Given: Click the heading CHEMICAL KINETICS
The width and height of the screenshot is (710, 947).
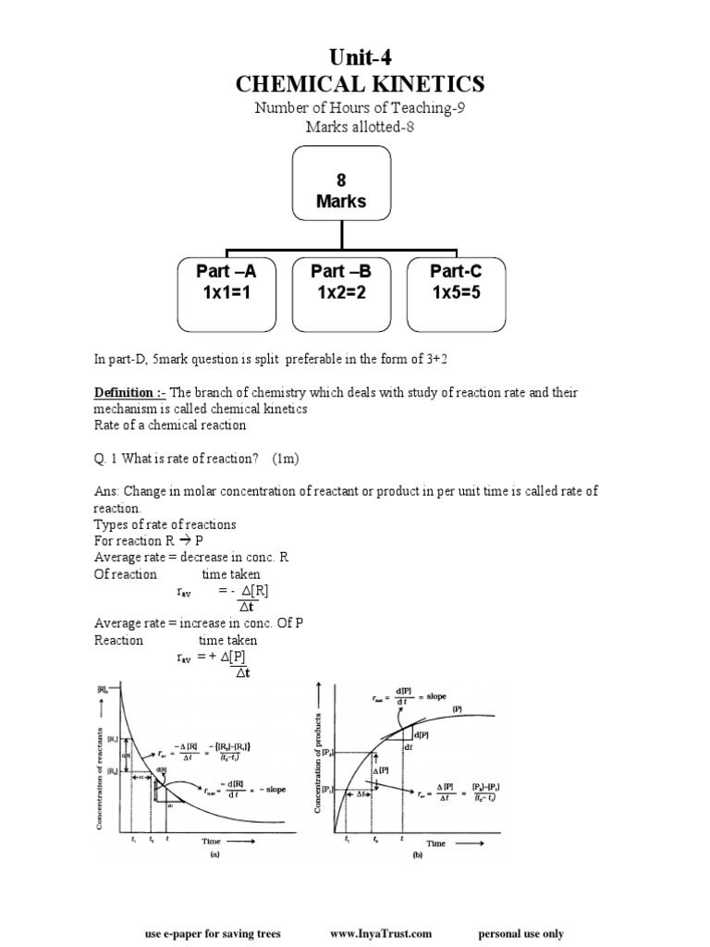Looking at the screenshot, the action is tap(360, 85).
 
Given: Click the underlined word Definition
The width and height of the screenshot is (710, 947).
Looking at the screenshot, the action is tap(124, 393).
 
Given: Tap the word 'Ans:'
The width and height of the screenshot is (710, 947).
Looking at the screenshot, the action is tap(106, 491).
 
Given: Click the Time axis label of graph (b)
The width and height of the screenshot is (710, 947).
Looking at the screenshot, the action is tap(435, 842).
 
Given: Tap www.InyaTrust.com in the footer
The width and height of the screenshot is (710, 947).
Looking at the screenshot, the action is tap(380, 934).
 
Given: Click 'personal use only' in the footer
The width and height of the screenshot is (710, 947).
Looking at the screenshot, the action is tap(520, 934).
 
